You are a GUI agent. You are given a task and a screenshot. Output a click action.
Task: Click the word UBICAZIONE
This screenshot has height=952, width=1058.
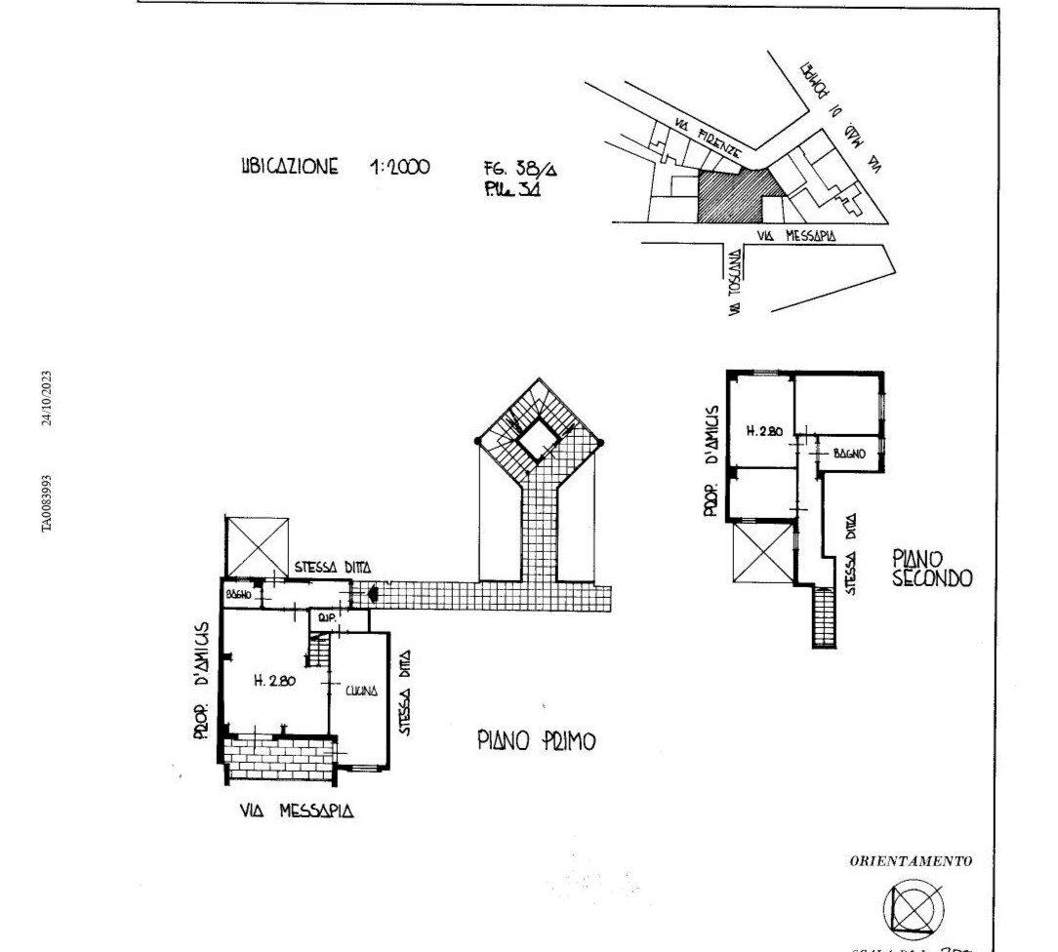coord(289,166)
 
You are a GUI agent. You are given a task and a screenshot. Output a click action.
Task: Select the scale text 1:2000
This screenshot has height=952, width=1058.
coord(399,167)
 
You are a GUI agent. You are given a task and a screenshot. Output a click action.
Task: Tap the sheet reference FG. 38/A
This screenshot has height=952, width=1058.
coord(513,166)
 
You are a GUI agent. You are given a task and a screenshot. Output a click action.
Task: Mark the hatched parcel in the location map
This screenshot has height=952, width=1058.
coord(730,194)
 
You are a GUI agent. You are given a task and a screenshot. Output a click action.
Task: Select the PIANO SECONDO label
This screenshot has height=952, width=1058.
coord(932,568)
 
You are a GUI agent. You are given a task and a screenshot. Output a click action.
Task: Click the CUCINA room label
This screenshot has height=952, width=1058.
coord(359,692)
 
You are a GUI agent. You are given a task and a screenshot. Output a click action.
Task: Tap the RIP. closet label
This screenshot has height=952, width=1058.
coord(322,616)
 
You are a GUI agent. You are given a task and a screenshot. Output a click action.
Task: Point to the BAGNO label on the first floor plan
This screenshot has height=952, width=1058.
coord(239,594)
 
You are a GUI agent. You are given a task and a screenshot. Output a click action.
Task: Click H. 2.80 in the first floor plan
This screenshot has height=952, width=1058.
coord(275,682)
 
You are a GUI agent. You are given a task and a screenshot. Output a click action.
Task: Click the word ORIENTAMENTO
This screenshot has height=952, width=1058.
coord(911,861)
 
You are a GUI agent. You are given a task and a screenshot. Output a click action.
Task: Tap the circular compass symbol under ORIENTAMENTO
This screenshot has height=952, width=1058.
coord(914,909)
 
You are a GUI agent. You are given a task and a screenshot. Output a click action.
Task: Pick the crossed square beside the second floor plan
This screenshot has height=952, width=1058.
coord(759,552)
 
